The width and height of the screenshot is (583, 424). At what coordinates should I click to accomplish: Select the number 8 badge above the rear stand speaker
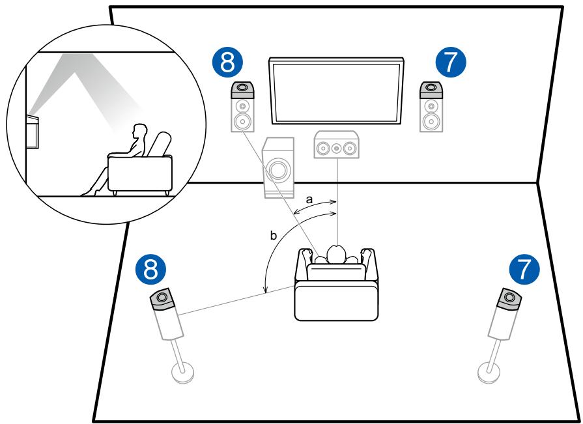[x=151, y=270]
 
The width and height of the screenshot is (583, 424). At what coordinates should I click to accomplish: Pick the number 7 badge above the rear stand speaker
[x=524, y=270]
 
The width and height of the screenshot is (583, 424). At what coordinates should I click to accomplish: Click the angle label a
[x=309, y=199]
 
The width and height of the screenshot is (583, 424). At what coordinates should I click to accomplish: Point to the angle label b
[x=274, y=236]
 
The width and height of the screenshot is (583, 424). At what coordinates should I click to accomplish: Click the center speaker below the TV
[x=337, y=145]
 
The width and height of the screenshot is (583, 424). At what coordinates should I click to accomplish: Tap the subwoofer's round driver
[x=277, y=169]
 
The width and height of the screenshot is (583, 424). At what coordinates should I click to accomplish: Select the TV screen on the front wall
[x=337, y=91]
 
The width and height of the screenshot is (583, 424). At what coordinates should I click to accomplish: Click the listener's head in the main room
[x=336, y=254]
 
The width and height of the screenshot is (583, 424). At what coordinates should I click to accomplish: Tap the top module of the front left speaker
[x=242, y=90]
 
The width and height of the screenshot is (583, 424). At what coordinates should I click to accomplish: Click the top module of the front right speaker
[x=431, y=90]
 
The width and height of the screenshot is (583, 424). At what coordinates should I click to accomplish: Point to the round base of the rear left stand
[x=182, y=373]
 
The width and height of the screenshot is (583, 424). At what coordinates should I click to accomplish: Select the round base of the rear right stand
[x=489, y=373]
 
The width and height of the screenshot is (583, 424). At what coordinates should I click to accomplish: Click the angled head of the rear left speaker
[x=162, y=299]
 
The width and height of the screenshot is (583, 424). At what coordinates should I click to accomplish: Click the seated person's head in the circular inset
[x=141, y=132]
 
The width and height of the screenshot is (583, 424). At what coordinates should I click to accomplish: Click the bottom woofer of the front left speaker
[x=242, y=120]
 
